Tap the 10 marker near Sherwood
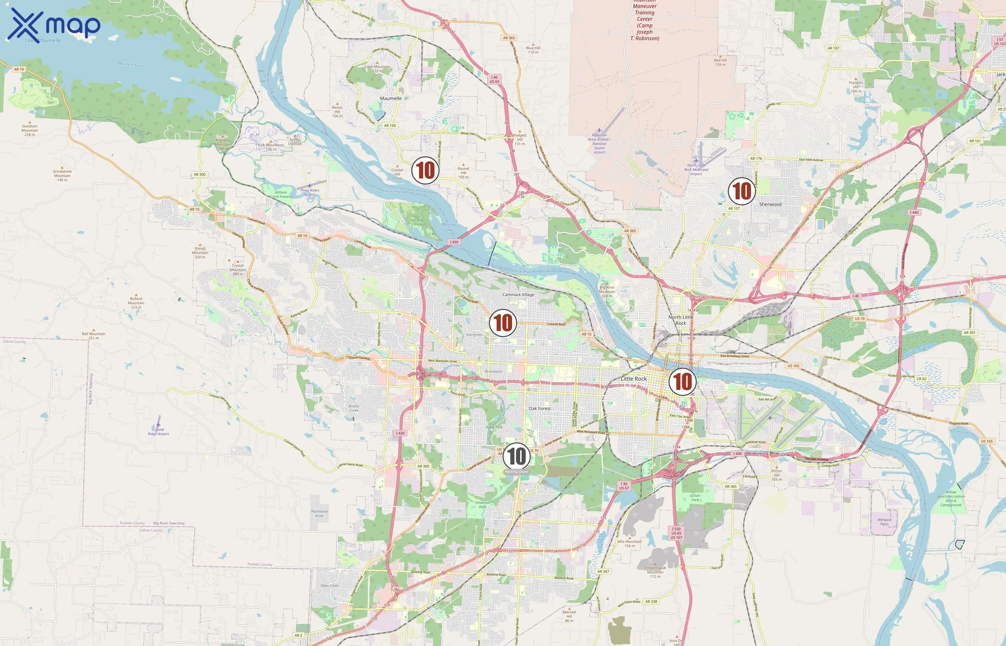tap(742, 191)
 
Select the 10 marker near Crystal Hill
tap(425, 170)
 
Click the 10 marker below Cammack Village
tap(503, 323)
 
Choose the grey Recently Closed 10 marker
tap(516, 456)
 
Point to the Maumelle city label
tap(391, 99)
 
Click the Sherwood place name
tap(770, 204)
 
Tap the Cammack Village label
tap(518, 295)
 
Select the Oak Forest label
tap(540, 408)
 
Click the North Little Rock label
tap(680, 320)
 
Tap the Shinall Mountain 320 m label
tap(200, 253)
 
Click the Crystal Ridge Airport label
tap(158, 432)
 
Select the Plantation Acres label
tap(319, 514)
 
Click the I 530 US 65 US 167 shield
tap(676, 533)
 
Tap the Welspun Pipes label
tap(884, 522)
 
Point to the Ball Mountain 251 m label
tap(94, 336)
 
